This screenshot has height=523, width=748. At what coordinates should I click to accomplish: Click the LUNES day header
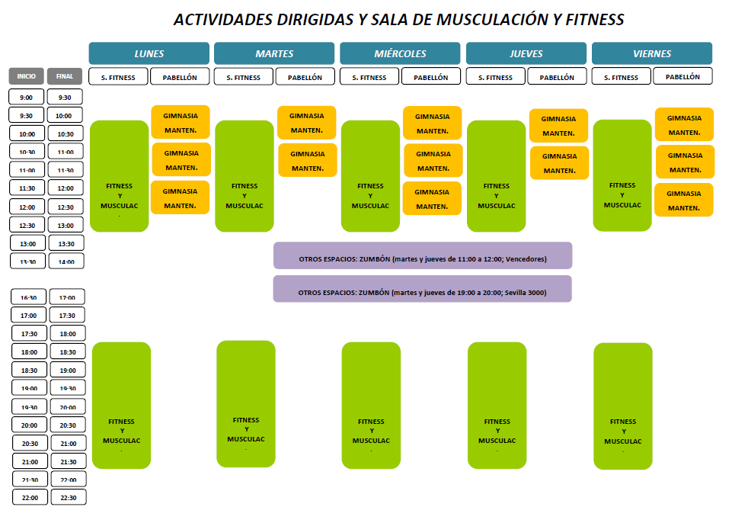[x=149, y=53]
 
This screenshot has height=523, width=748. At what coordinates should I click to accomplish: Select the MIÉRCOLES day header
[x=400, y=53]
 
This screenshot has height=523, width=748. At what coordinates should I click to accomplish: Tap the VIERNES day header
[x=651, y=53]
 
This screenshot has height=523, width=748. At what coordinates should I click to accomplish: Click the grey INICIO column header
[x=27, y=76]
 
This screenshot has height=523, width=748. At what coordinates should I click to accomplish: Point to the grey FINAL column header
[x=65, y=76]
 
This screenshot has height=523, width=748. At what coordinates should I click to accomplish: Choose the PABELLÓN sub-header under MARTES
[x=305, y=77]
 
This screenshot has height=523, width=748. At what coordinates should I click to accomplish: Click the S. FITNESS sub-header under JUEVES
[x=495, y=77]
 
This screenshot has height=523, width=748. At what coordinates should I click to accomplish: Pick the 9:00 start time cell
[x=27, y=97]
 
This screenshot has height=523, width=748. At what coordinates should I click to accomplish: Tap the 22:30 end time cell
[x=68, y=497]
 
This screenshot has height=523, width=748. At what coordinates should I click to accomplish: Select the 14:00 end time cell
[x=66, y=261]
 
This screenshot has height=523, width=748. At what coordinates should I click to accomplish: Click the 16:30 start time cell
[x=28, y=297]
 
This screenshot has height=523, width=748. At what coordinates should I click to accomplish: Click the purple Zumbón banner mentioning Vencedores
[x=422, y=258]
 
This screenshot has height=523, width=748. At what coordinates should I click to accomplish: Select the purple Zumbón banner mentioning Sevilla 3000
[x=422, y=292]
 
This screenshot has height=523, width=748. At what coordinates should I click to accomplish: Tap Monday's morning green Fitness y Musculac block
[x=119, y=176]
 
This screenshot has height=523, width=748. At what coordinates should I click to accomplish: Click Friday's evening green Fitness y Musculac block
[x=623, y=406]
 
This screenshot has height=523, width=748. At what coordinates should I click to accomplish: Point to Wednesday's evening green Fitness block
[x=371, y=405]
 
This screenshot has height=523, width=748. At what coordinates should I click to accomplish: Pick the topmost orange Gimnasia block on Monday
[x=181, y=122]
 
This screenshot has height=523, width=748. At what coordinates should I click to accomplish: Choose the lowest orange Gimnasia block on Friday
[x=684, y=200]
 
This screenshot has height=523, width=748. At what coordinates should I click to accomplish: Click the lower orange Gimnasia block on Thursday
[x=559, y=162]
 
